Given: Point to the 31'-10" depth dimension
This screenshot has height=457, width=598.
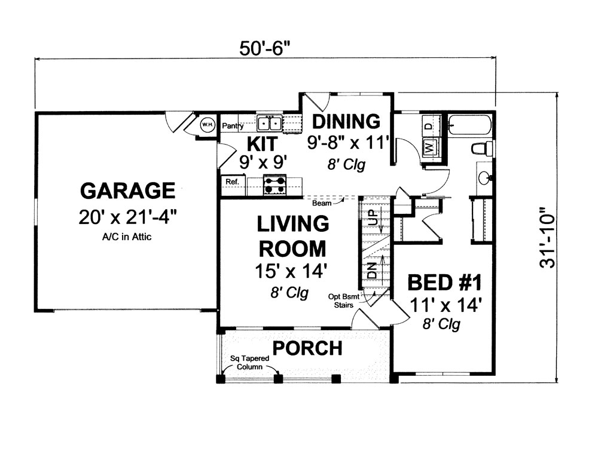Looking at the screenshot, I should click(546, 237).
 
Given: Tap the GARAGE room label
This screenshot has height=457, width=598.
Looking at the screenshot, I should click(127, 191).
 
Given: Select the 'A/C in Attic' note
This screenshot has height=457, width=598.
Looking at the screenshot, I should click(127, 237).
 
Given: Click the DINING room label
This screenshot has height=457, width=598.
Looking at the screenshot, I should click(346, 121).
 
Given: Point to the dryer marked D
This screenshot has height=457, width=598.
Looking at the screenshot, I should click(428, 127).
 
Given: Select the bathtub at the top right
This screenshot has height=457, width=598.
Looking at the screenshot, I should click(469, 124).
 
